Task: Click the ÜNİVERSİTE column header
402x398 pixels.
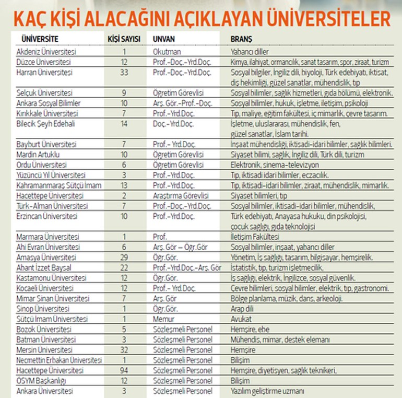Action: [x=40, y=39]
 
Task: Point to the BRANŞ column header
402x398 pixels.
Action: [x=241, y=39]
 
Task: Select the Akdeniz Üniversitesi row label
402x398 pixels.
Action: [x=46, y=52]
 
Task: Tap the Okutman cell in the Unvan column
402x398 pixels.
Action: [x=167, y=52]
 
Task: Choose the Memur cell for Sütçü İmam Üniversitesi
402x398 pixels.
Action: [x=164, y=319]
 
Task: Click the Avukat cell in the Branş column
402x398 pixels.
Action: [x=241, y=319]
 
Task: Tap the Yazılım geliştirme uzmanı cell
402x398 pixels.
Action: [x=267, y=390]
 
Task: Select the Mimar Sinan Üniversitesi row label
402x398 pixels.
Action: [x=51, y=298]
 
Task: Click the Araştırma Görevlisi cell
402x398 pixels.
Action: [x=181, y=195]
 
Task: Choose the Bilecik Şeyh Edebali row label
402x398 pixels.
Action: [x=47, y=123]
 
